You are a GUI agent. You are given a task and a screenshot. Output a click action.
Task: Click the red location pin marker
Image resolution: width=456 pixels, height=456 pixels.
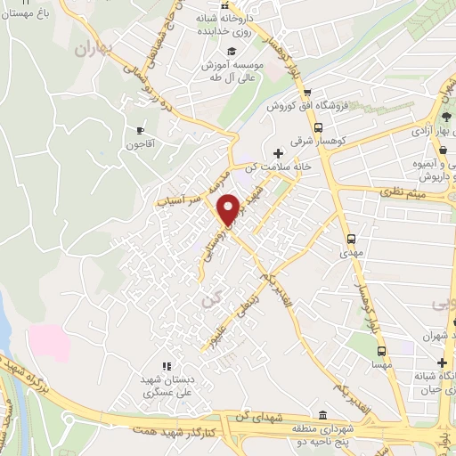pyautogui.click(x=229, y=208)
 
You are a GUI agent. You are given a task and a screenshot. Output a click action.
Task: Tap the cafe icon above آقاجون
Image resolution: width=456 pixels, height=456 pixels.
pyautogui.click(x=141, y=130)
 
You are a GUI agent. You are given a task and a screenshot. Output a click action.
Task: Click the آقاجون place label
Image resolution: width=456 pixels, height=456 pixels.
pyautogui.click(x=140, y=143)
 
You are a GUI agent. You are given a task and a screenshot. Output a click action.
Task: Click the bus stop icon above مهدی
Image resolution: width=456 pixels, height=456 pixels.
pyautogui.click(x=352, y=239)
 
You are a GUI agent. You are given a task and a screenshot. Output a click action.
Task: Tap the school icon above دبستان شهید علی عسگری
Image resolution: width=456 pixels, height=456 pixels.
pyautogui.click(x=165, y=365)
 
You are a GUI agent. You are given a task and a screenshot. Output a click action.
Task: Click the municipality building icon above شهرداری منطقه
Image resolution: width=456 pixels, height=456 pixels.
pyautogui.click(x=322, y=415)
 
